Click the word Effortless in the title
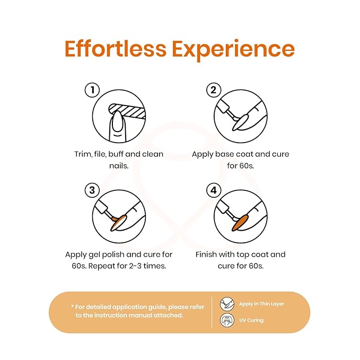116,48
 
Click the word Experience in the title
233,50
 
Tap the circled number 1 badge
92,90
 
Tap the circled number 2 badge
214,90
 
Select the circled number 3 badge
92,190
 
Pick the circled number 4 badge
214,190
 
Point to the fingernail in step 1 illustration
117,121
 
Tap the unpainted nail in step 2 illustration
240,122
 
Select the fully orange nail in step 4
240,223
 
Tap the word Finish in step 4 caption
206,254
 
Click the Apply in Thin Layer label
261,304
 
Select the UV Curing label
251,320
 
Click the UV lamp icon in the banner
227,320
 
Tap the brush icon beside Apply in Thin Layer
227,304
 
